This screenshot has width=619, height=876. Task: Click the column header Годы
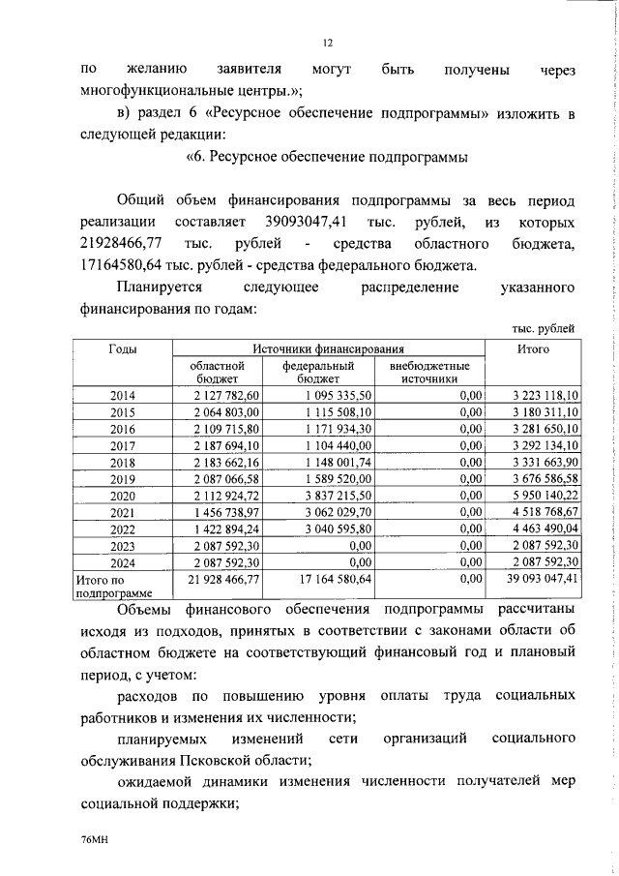(x=123, y=348)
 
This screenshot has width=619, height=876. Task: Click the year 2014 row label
(x=123, y=396)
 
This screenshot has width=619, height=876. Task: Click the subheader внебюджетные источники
(x=429, y=373)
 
